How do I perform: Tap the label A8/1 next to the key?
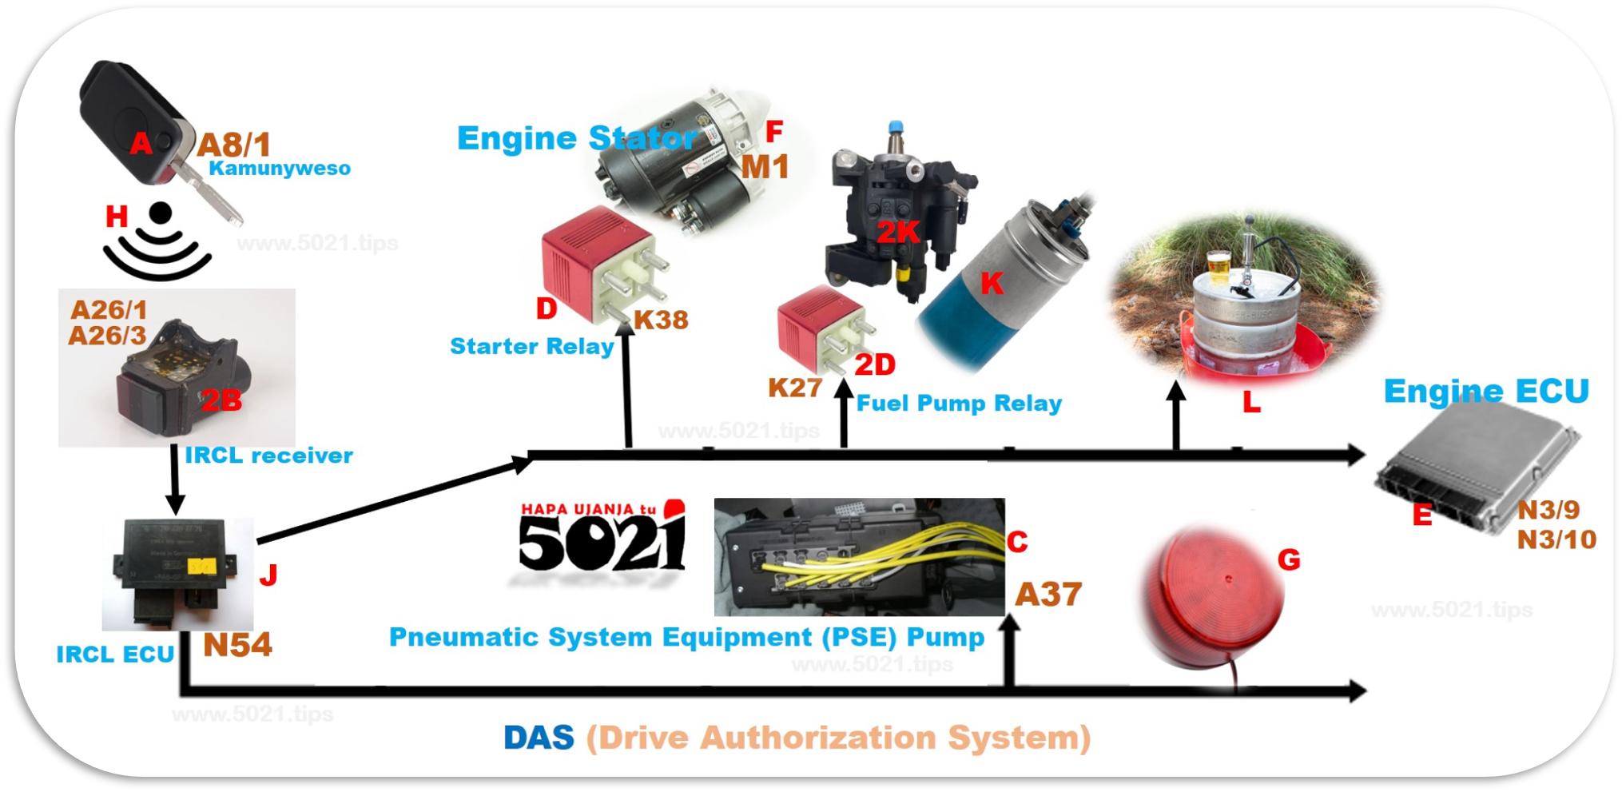234,145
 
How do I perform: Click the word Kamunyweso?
280,169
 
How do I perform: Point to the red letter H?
117,217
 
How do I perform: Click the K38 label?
661,320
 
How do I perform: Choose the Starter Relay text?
531,347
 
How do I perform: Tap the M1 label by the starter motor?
765,167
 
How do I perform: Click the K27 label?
795,388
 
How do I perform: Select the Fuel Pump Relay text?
959,404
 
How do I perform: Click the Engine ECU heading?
1486,392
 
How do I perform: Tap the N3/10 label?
1556,540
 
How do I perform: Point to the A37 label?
1048,595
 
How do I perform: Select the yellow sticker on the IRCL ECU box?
201,567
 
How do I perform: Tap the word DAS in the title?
539,738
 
